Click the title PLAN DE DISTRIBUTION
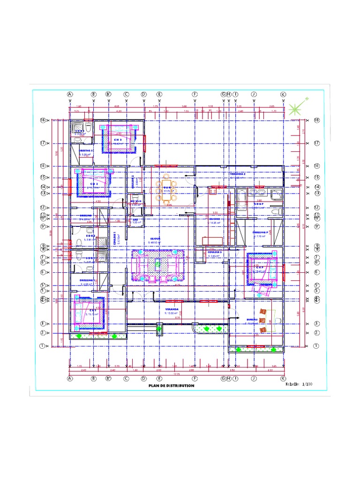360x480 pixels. pyautogui.click(x=171, y=386)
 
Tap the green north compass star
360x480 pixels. pyautogui.click(x=295, y=109)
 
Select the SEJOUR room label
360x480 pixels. pyautogui.click(x=155, y=239)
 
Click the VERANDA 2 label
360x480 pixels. pyautogui.click(x=238, y=174)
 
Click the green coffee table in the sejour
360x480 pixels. pyautogui.click(x=158, y=264)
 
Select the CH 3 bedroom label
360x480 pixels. pyautogui.click(x=118, y=139)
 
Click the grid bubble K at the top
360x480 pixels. pyautogui.click(x=283, y=94)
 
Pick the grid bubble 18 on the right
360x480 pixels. pyautogui.click(x=316, y=120)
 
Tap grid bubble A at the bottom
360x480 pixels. pyautogui.click(x=70, y=378)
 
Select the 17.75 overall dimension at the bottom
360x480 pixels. pyautogui.click(x=177, y=374)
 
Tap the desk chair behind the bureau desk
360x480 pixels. pyautogui.click(x=277, y=321)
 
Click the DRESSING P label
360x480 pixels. pyautogui.click(x=260, y=232)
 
